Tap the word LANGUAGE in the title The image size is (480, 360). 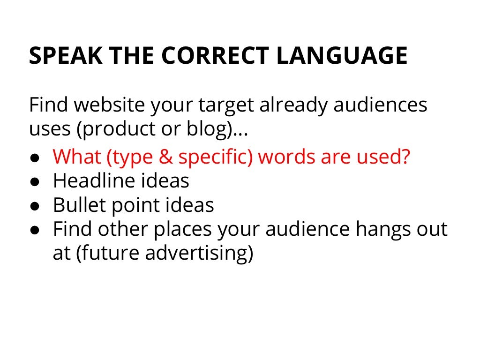[342, 56]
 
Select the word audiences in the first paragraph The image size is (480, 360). [380, 105]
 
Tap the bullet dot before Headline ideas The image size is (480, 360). [35, 182]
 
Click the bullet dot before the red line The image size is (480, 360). [35, 158]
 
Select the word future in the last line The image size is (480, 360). [106, 254]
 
